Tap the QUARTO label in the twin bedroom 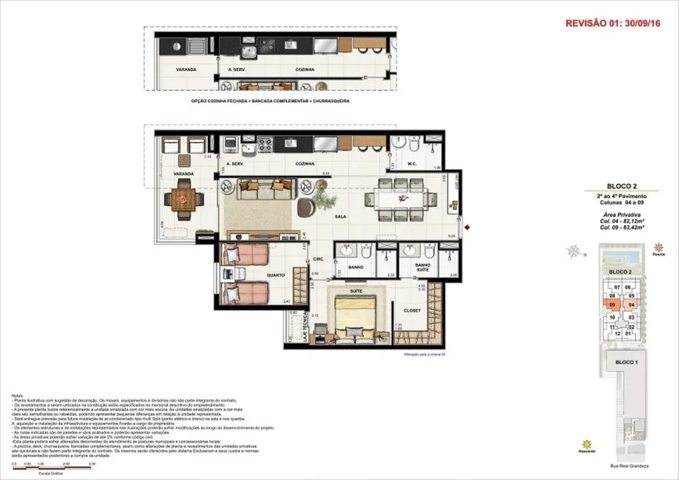click(276, 275)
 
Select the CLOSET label click(412, 310)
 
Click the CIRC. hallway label click(318, 259)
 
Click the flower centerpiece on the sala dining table click(403, 198)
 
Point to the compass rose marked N click(576, 253)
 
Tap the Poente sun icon click(657, 248)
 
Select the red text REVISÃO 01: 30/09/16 click(613, 22)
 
